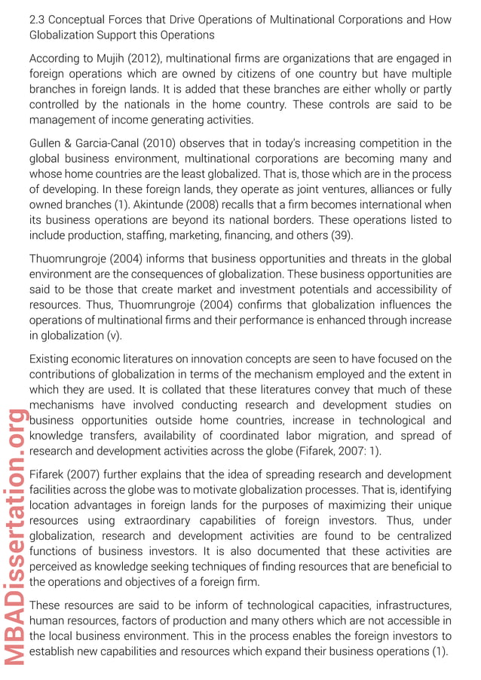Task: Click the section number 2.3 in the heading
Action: (38, 20)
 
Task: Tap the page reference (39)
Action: (342, 235)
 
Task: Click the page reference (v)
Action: (113, 335)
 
